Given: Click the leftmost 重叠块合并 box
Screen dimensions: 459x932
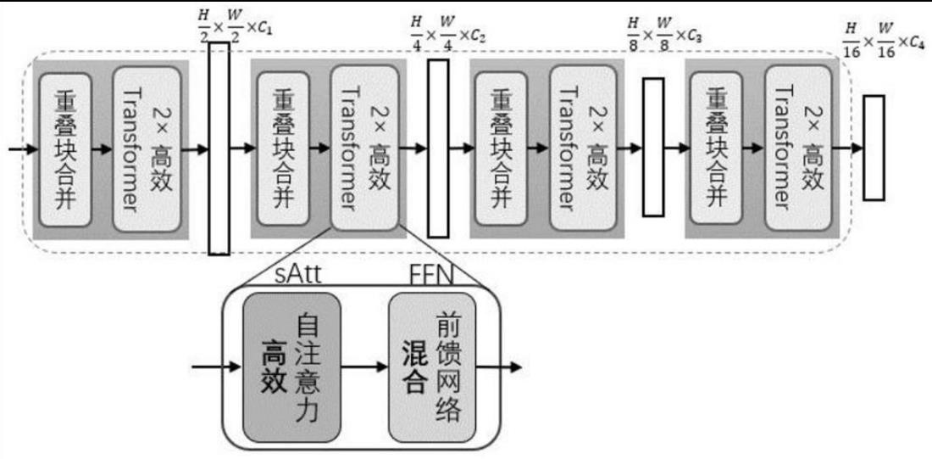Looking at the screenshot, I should (64, 149).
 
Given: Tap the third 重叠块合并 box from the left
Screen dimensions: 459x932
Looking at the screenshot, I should (502, 149).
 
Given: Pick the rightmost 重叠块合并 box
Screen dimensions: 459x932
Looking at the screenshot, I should (718, 149).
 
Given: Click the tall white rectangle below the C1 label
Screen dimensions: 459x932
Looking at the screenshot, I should (219, 148).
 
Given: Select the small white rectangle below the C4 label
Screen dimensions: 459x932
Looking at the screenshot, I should (874, 148).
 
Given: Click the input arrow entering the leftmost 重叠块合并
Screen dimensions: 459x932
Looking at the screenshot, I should (22, 150).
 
